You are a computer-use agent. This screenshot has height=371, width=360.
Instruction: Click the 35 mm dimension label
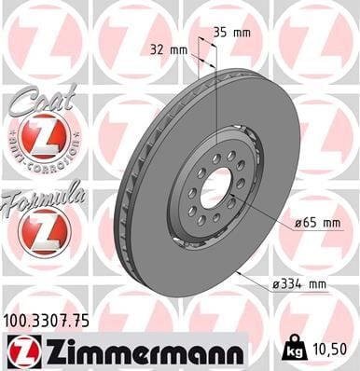[231, 33]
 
